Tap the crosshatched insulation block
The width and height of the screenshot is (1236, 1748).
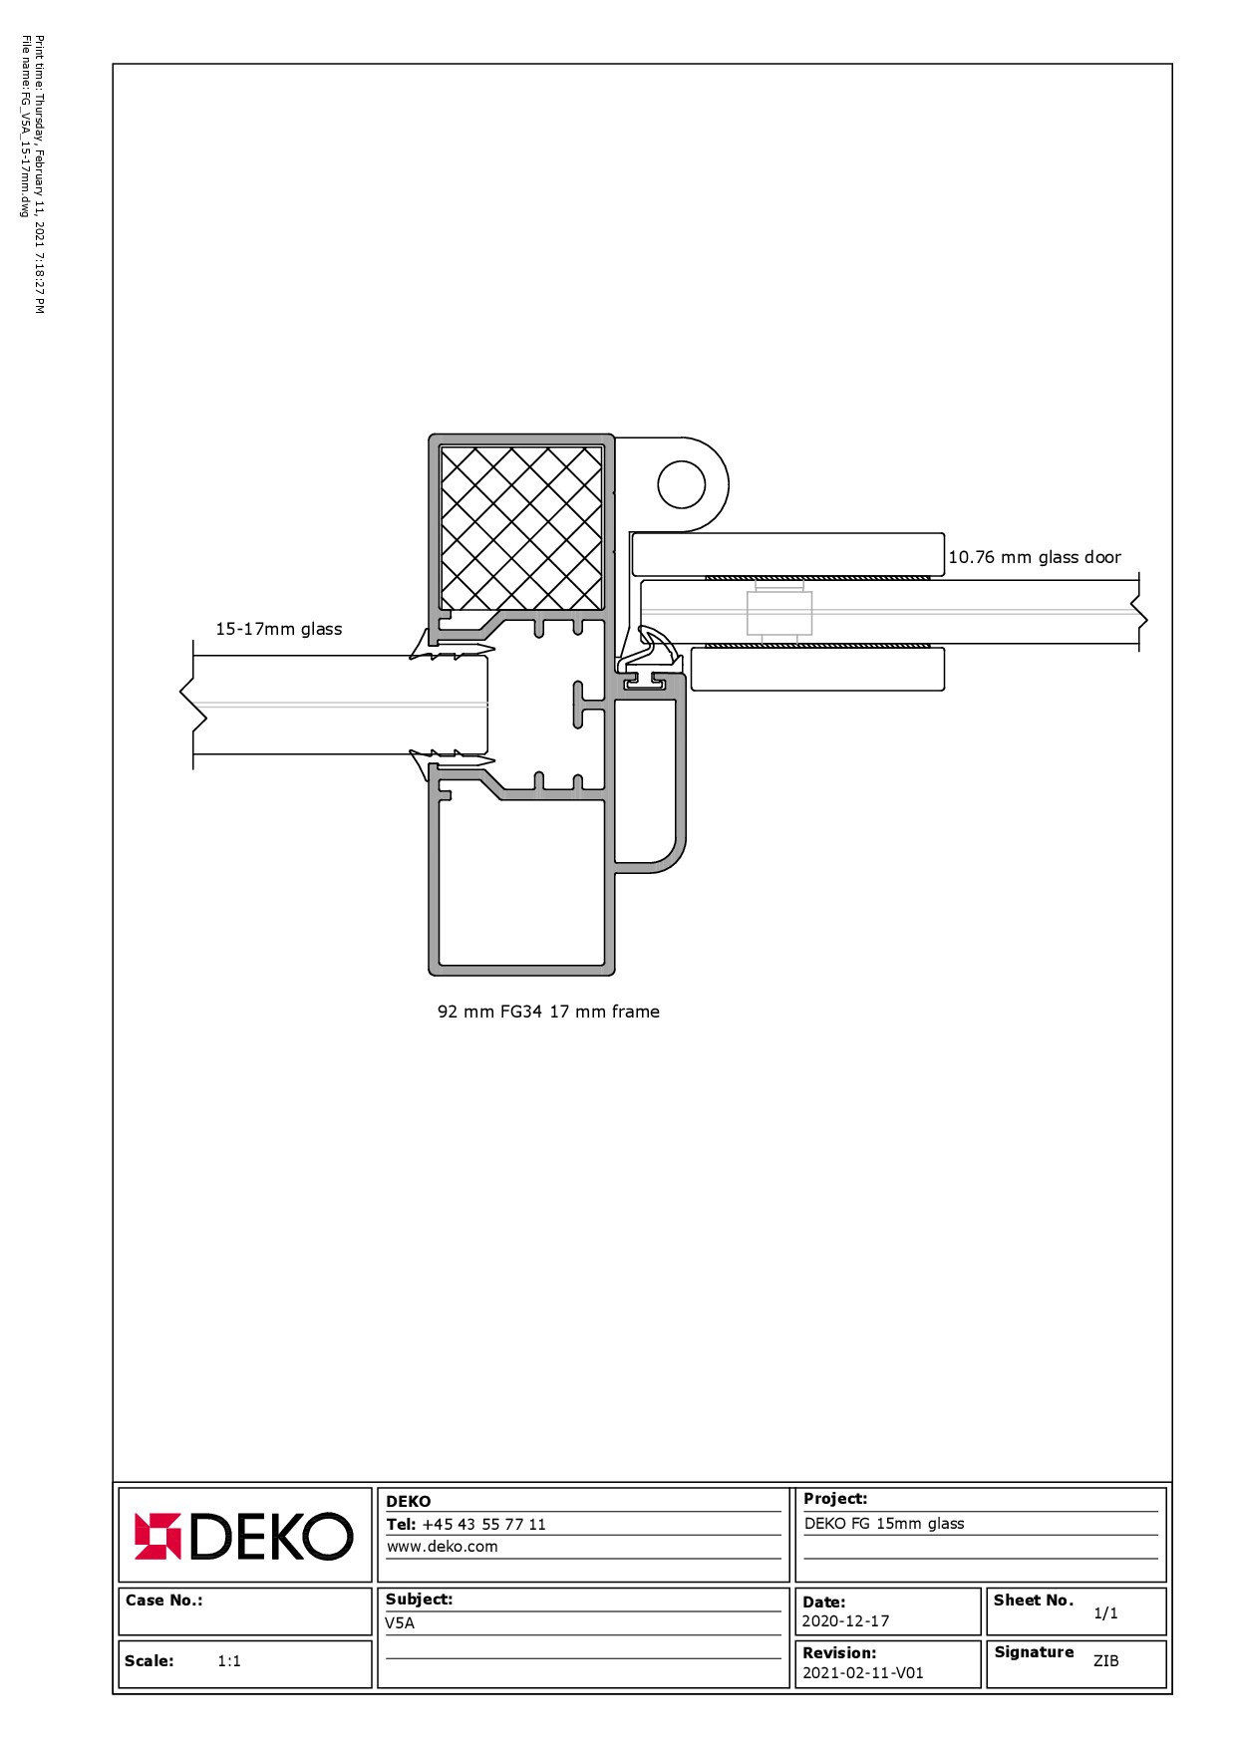pyautogui.click(x=521, y=527)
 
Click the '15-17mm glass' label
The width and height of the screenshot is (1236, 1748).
pyautogui.click(x=279, y=629)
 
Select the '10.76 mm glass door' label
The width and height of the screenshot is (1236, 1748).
pyautogui.click(x=1035, y=557)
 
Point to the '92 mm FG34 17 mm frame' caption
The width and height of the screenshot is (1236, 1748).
pyautogui.click(x=548, y=1012)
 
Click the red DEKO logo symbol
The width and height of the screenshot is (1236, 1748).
pyautogui.click(x=157, y=1536)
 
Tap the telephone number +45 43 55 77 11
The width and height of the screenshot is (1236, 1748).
pyautogui.click(x=483, y=1524)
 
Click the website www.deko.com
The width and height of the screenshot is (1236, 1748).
pyautogui.click(x=442, y=1547)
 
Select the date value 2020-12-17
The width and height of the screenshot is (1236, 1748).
pyautogui.click(x=845, y=1621)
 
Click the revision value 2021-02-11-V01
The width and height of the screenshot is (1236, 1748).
pyautogui.click(x=863, y=1673)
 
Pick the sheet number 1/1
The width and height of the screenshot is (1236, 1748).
pyautogui.click(x=1105, y=1613)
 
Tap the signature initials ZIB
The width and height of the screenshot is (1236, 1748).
pyautogui.click(x=1106, y=1661)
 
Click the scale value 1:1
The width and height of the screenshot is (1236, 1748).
pyautogui.click(x=229, y=1661)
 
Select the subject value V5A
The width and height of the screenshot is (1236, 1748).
pyautogui.click(x=400, y=1623)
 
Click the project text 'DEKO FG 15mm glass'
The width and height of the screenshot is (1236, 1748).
pyautogui.click(x=884, y=1524)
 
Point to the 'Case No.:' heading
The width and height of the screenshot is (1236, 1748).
pyautogui.click(x=164, y=1601)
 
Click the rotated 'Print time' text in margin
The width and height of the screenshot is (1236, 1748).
pyautogui.click(x=39, y=174)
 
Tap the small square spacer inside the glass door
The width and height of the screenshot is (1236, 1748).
pyautogui.click(x=779, y=613)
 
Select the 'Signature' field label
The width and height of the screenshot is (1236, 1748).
pyautogui.click(x=1034, y=1652)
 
